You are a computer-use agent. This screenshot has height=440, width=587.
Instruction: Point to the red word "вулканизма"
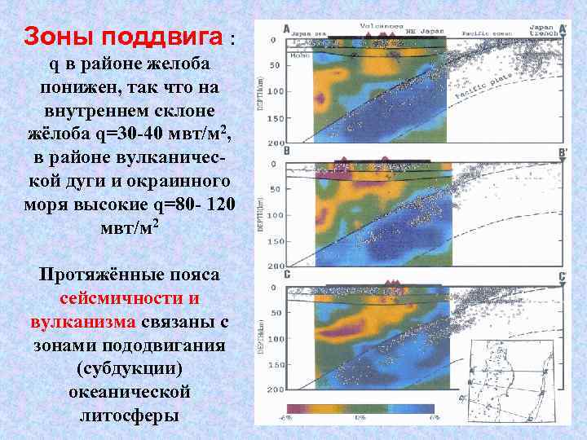[x=83, y=322]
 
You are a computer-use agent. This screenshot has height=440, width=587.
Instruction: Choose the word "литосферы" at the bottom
[x=130, y=416]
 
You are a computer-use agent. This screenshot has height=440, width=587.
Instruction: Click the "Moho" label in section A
[x=298, y=56]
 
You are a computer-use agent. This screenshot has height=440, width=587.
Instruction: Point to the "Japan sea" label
[x=309, y=33]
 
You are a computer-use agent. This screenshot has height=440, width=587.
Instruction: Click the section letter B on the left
[x=286, y=152]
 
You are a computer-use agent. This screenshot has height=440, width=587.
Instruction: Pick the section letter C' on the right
[x=562, y=277]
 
